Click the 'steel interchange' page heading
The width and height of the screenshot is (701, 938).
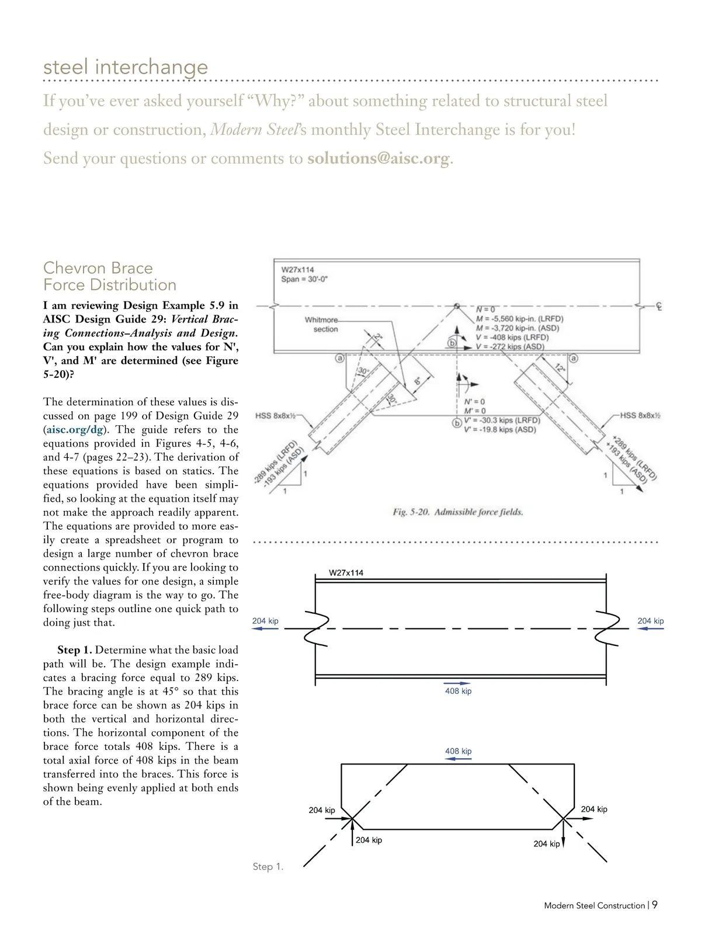click(126, 67)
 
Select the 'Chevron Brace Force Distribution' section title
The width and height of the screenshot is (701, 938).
click(110, 276)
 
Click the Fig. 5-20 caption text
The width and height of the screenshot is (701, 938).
click(458, 512)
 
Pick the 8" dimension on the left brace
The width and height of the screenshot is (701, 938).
click(418, 380)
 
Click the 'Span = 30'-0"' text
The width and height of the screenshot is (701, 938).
click(305, 279)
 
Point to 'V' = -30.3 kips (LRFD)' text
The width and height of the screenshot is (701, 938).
click(502, 421)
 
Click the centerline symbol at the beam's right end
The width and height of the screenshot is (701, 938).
click(658, 306)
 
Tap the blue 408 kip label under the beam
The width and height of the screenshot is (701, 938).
click(458, 691)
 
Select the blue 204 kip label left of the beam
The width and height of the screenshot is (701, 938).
click(265, 621)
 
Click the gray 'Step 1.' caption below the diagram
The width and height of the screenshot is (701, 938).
click(268, 867)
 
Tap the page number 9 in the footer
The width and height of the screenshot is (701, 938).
click(655, 905)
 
